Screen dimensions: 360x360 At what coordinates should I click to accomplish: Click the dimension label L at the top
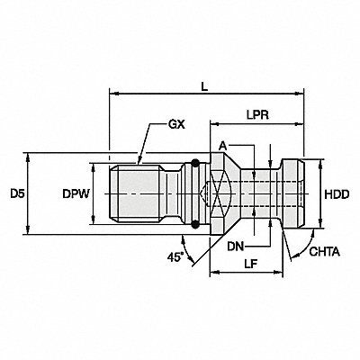[204, 86]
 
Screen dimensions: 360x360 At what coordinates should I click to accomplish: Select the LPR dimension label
[257, 115]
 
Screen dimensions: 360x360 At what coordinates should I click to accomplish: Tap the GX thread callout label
[176, 124]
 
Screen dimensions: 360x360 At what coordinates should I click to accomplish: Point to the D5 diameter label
[17, 194]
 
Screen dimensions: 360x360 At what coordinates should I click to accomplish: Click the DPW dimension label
[76, 194]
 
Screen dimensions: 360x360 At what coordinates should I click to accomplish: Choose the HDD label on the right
[337, 194]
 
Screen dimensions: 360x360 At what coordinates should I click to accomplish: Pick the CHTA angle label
[325, 252]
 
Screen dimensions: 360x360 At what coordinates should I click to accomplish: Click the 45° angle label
[175, 257]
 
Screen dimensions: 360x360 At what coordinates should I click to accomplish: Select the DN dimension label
[236, 247]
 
